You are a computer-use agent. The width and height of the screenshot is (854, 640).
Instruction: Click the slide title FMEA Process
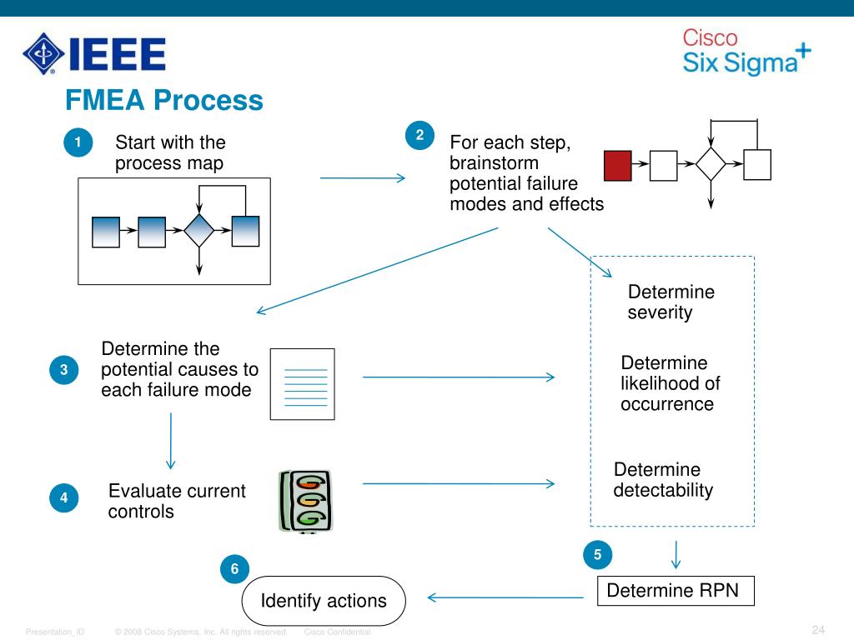pos(164,101)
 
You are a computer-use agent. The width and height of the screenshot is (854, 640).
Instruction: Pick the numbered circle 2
pos(419,135)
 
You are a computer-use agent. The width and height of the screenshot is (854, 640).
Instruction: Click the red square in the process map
pos(618,165)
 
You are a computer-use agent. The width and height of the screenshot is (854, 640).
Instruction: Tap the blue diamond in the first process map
pos(198,231)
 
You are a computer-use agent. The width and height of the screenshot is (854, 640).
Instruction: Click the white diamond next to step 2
pos(711,164)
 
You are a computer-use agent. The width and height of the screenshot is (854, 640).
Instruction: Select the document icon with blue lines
pos(302,383)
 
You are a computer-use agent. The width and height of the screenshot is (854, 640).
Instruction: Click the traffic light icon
pos(305,501)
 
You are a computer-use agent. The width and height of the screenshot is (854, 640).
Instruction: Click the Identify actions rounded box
pos(324,601)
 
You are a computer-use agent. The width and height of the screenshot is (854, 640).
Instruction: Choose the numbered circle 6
pos(234,569)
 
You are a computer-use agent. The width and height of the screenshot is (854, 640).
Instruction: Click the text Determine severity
pos(671,302)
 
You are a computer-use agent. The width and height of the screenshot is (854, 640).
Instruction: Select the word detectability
pos(663,490)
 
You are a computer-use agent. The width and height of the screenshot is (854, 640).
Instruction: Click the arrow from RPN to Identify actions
pos(505,597)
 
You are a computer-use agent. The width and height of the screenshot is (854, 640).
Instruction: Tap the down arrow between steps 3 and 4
pos(171,442)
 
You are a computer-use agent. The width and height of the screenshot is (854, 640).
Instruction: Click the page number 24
pos(817,628)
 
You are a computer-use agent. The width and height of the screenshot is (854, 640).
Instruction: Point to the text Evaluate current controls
pos(177,501)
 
